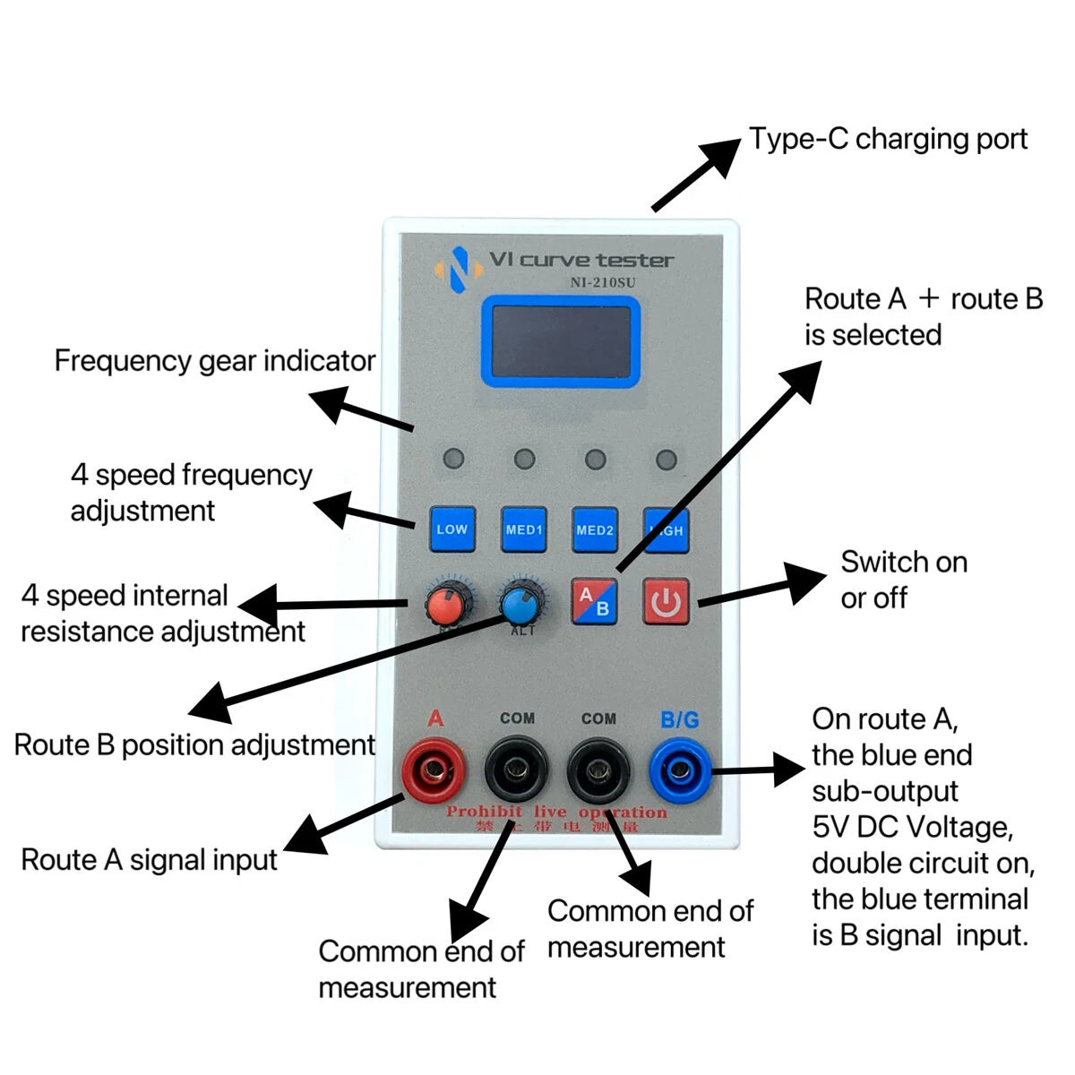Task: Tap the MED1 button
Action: tap(524, 529)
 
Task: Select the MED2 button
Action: tap(595, 529)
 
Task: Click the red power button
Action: tap(666, 601)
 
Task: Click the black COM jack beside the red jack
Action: tap(517, 769)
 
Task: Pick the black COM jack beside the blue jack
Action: tap(598, 769)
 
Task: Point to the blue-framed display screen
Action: tap(561, 342)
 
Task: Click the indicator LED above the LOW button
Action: tap(454, 460)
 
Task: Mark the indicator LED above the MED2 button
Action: tap(595, 460)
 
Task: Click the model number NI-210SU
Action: tap(603, 283)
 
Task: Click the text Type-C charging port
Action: tap(888, 140)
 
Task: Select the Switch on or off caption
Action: tap(903, 580)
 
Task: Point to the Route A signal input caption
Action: tap(150, 860)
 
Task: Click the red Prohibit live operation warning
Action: tap(557, 813)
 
